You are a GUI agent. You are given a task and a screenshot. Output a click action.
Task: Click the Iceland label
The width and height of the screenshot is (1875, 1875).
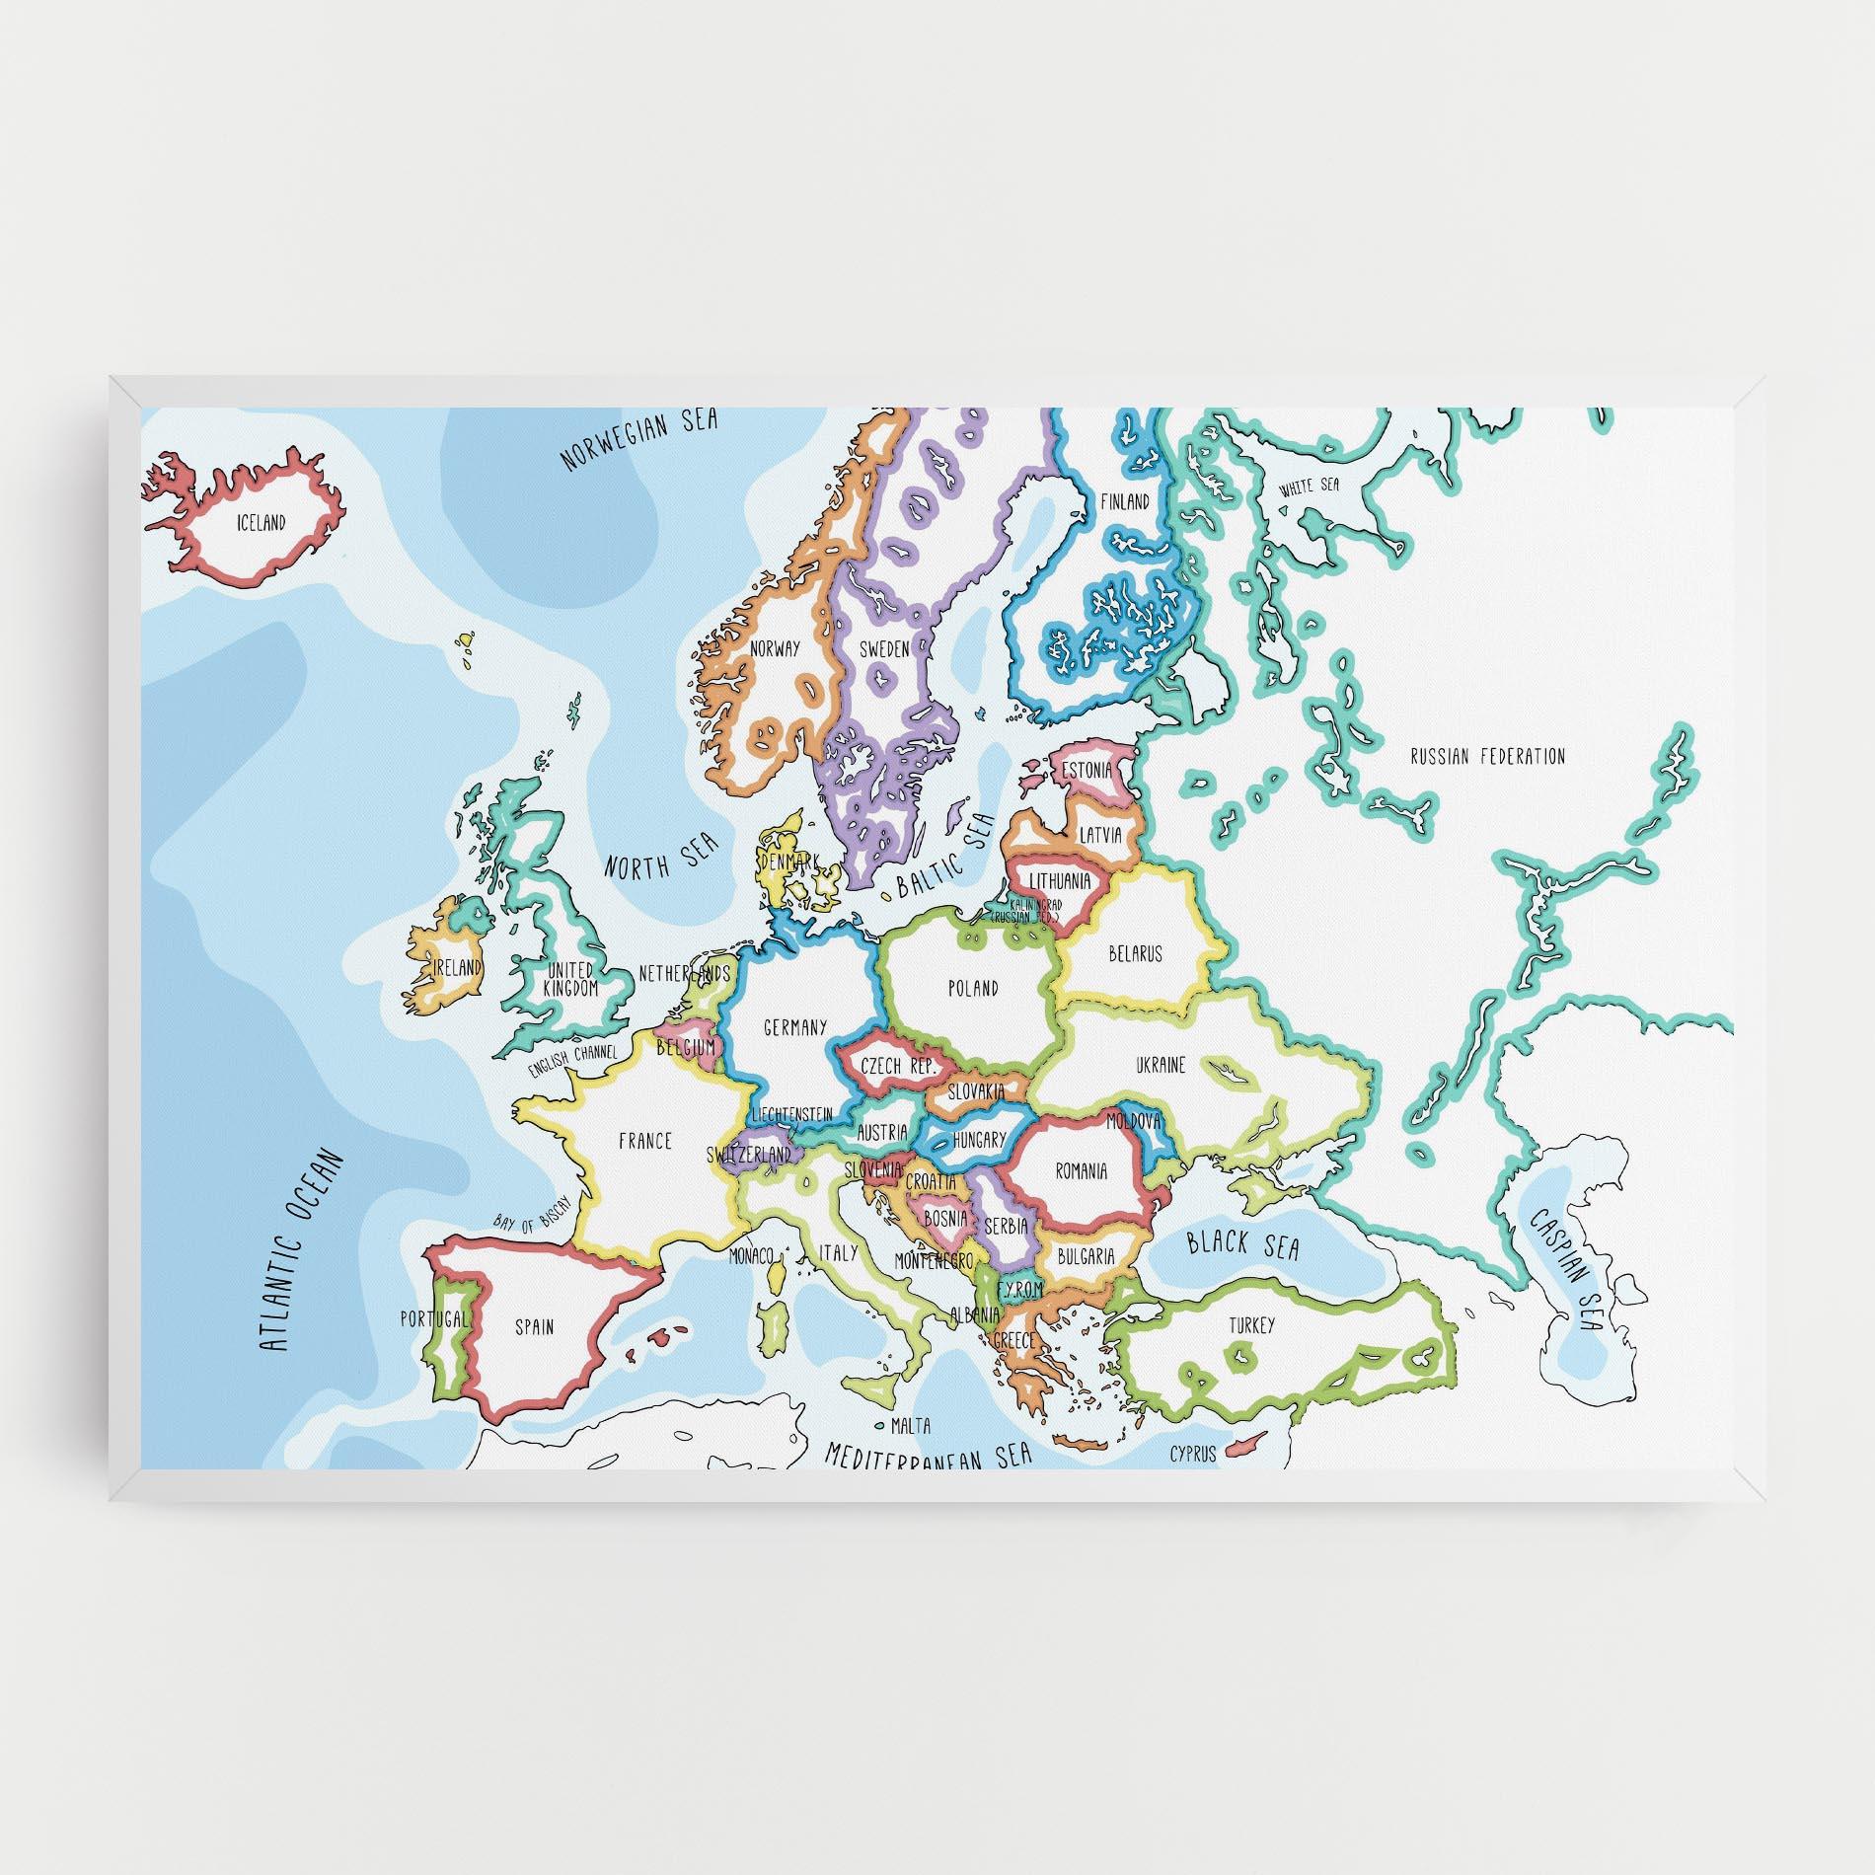pos(262,522)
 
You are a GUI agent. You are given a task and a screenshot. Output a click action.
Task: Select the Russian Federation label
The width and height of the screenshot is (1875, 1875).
pos(1487,757)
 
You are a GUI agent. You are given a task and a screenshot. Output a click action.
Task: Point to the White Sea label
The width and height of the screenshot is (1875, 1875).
pos(1309,487)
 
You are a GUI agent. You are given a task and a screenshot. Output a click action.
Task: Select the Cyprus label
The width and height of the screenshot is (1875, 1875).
pos(1192,1453)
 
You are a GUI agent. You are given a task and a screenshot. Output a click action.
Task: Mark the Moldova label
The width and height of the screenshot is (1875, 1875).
pos(1134,1121)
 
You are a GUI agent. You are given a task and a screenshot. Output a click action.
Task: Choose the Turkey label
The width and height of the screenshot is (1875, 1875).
pos(1251,1325)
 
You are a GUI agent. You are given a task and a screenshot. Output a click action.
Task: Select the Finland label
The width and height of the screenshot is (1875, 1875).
pos(1125,501)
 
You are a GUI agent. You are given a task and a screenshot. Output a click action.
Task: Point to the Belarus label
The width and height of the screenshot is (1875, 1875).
pos(1135,953)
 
